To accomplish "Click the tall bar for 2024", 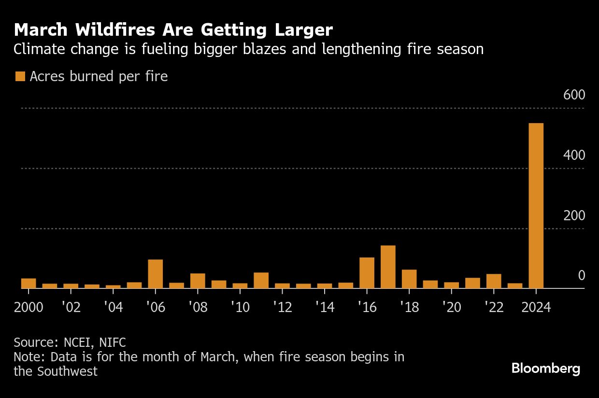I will [x=536, y=206].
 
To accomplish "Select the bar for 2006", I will [x=155, y=274].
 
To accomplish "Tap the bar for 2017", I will [x=388, y=267].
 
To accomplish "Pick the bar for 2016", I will [x=367, y=273].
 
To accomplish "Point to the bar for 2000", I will [x=29, y=284].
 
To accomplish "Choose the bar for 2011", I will [x=261, y=281].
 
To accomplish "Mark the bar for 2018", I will [x=409, y=279].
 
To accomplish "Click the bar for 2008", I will [x=198, y=281].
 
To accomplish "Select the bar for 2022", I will [x=494, y=281].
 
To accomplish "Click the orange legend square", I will [x=20, y=76].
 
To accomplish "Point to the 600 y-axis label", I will [x=574, y=95].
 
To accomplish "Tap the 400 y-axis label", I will [x=574, y=155].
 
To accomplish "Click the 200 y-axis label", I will [x=574, y=215].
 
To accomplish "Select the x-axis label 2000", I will [x=29, y=307].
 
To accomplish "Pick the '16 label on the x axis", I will [x=367, y=307].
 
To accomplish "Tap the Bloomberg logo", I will [x=546, y=369].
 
